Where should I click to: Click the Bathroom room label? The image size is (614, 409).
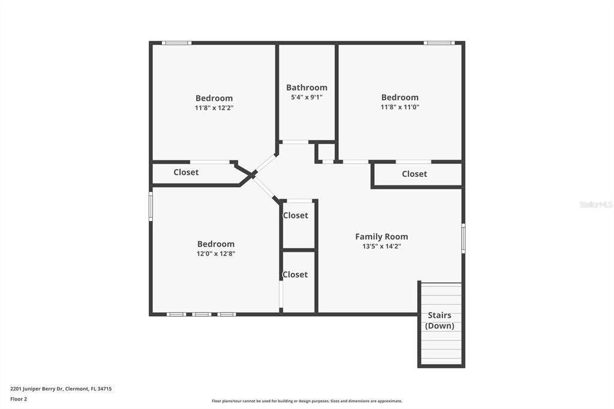306,87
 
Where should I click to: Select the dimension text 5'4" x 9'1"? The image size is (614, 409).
306,97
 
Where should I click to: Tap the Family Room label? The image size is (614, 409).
381,236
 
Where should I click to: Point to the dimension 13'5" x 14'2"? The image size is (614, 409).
381,246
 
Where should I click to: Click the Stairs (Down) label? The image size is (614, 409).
440,320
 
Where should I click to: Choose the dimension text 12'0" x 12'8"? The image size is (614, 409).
216,254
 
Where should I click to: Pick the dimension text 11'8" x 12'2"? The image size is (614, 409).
214,108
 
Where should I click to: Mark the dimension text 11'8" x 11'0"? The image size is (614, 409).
400,107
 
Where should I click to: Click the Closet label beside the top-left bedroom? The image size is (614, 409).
186,172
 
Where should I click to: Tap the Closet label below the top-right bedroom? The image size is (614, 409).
414,174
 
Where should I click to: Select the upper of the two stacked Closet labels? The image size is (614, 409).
295,215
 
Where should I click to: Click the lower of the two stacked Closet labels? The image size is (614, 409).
295,275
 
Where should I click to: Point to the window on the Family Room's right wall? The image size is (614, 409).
463,237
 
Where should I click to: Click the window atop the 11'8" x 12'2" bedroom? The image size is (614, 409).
177,43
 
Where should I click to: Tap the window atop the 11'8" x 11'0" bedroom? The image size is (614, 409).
439,43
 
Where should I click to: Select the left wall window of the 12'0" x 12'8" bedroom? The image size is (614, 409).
151,206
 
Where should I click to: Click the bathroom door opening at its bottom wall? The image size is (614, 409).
295,142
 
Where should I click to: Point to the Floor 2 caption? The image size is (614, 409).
19,399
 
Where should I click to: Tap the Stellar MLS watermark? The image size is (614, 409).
595,204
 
